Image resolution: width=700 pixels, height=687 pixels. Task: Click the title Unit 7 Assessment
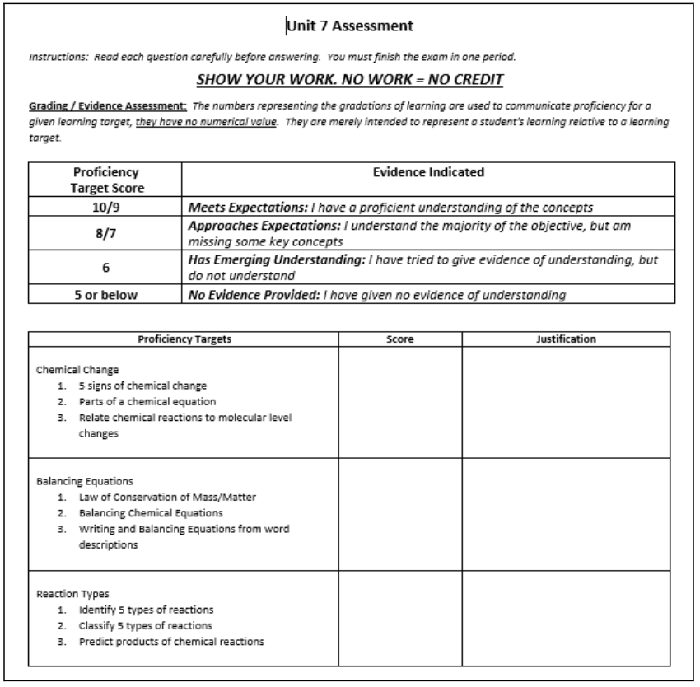pyautogui.click(x=349, y=27)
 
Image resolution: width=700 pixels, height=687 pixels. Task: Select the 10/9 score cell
pyautogui.click(x=105, y=206)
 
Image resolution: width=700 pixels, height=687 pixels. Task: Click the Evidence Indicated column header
pyautogui.click(x=428, y=172)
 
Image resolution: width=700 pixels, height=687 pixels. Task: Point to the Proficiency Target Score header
pyautogui.click(x=105, y=180)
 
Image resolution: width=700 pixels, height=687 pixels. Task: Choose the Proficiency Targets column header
pyautogui.click(x=184, y=339)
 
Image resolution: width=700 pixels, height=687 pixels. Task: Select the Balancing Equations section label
pyautogui.click(x=78, y=481)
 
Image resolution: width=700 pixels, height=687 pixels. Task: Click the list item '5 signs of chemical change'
pyautogui.click(x=137, y=386)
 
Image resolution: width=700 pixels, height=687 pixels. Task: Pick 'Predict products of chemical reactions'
pyautogui.click(x=171, y=642)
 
